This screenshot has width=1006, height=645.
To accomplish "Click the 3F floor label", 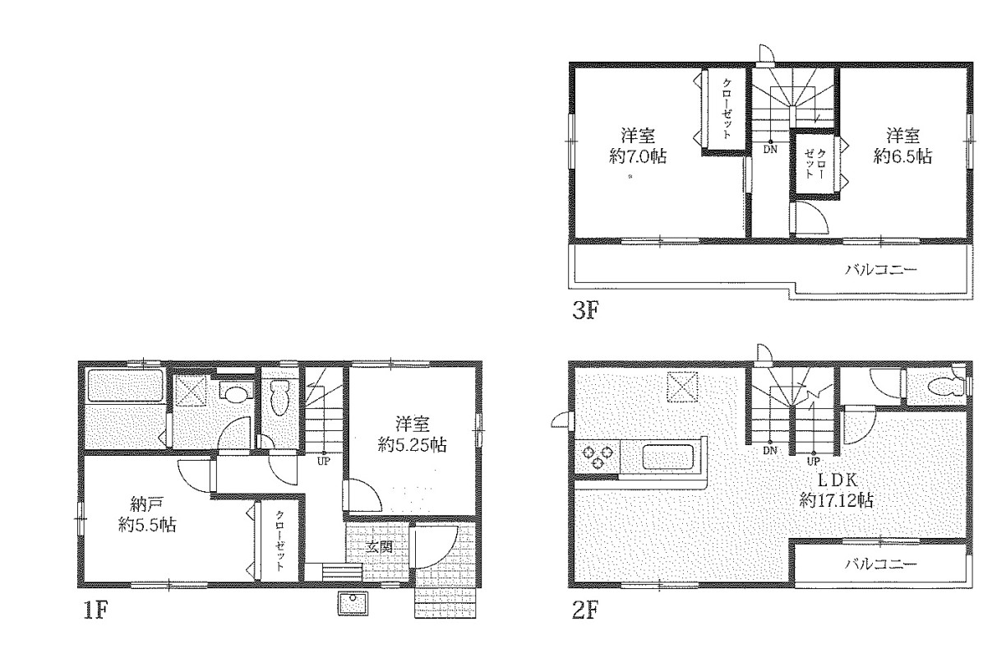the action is [586, 311].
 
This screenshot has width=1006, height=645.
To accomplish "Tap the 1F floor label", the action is [96, 610].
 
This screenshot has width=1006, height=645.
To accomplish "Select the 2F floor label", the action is [586, 610].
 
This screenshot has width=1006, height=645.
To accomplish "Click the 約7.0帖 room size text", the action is [638, 156].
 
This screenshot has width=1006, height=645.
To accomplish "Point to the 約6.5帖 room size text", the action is [902, 156].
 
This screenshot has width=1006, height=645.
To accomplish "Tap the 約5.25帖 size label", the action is [413, 445].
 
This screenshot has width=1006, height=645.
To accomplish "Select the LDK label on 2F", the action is [837, 480].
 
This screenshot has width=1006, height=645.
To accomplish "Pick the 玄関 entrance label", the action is [380, 547].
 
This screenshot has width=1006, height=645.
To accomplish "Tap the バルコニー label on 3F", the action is [881, 270].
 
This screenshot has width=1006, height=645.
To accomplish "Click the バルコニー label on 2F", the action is [881, 564].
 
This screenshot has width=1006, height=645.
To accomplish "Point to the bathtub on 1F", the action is [125, 386].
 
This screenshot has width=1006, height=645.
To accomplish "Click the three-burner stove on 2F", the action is [598, 457].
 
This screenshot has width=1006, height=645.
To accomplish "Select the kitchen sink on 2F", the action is [669, 457].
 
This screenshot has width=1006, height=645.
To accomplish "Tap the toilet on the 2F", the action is [948, 387].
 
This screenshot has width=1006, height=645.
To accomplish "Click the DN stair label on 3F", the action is [770, 150].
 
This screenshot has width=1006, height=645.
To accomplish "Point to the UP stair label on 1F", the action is [323, 462].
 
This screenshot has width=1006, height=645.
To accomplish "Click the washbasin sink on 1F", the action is [235, 392].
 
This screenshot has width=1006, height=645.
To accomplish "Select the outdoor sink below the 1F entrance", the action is [353, 604].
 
